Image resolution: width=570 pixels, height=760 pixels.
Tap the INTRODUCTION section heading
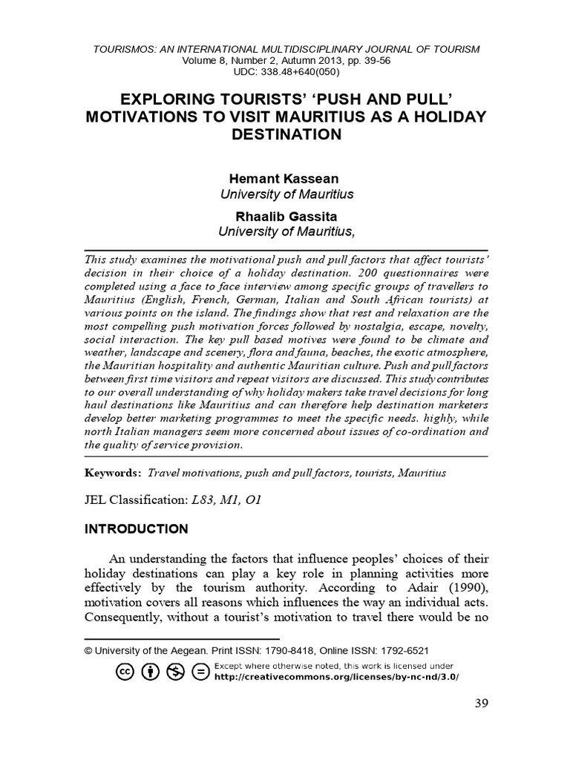pos(136,529)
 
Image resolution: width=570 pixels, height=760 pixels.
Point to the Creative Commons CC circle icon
pos(124,672)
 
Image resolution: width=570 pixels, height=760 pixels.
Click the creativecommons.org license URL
pos(336,677)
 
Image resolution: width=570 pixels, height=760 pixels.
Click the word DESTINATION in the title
pos(286,134)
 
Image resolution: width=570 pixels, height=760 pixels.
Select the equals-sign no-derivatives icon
pos(200,672)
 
